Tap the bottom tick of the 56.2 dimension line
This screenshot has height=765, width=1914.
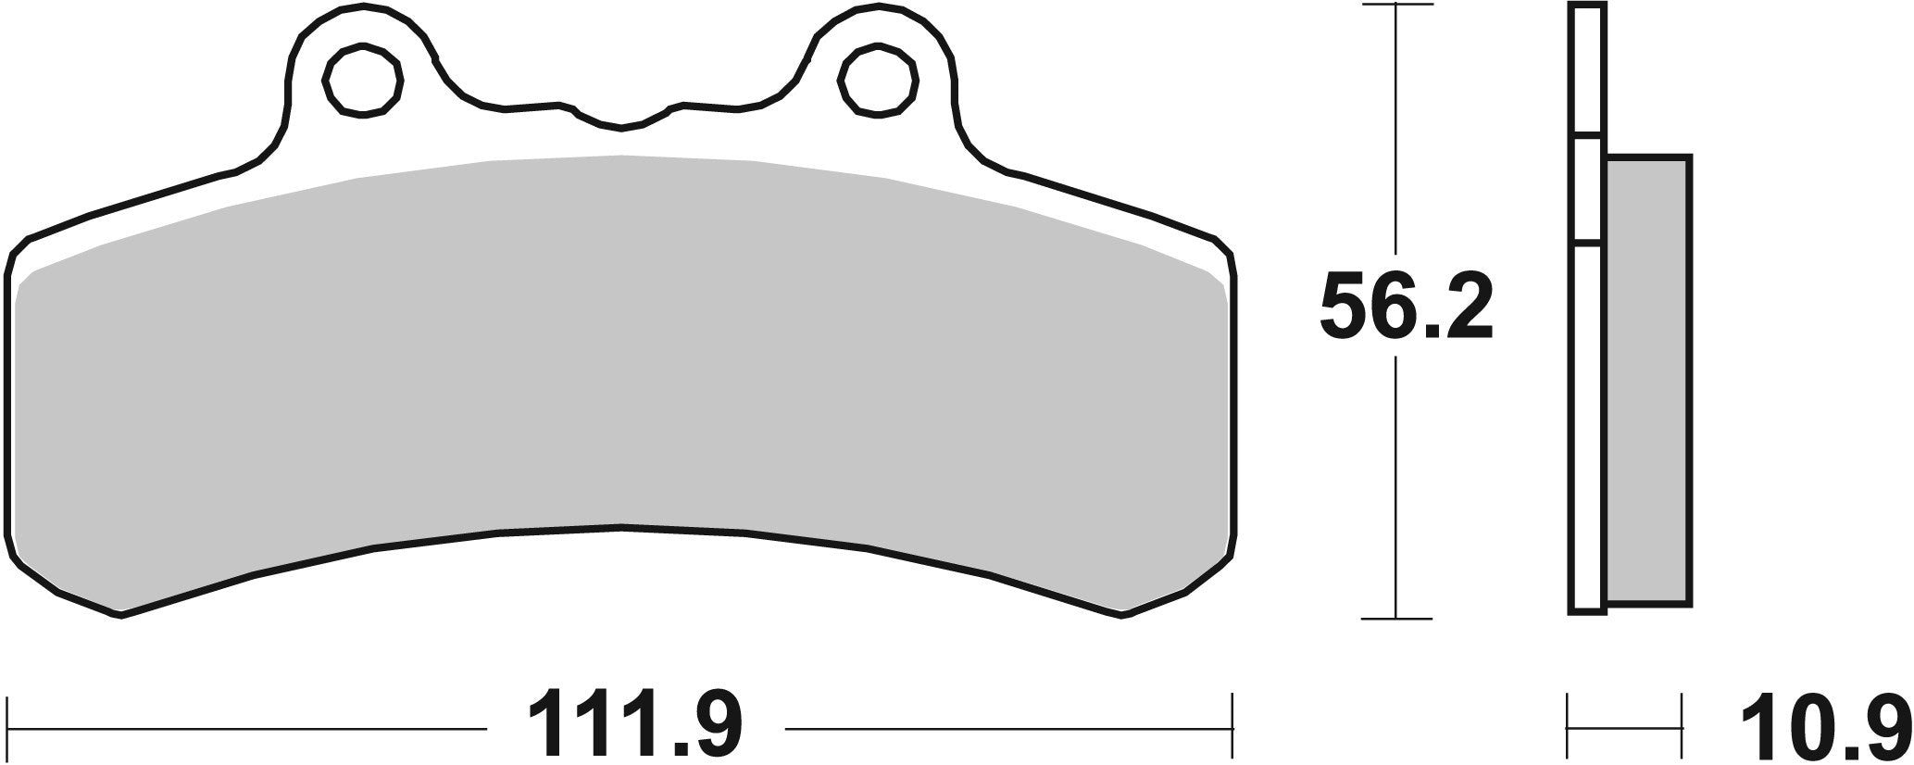[1395, 618]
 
